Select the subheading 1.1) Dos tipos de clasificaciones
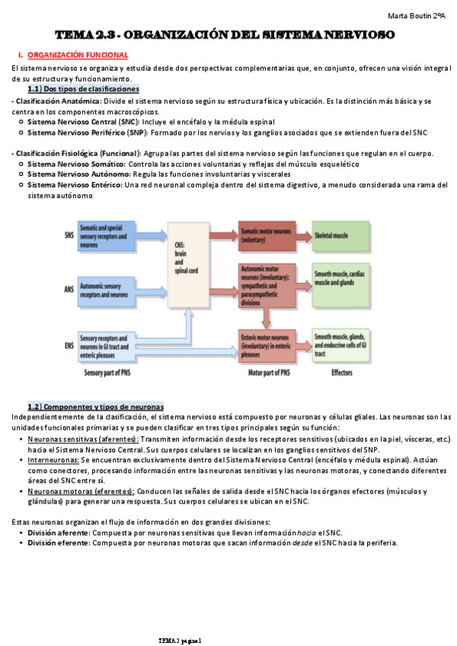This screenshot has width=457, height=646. point(83,89)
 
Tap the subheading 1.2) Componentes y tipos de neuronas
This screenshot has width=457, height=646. point(95,405)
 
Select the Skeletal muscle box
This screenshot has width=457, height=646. point(340,236)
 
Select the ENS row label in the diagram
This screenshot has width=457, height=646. point(69,345)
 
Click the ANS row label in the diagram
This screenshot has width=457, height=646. point(69,289)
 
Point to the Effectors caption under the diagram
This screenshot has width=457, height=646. point(342,374)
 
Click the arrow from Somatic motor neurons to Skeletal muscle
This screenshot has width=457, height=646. point(302,235)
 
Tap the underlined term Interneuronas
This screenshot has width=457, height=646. point(53,460)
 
